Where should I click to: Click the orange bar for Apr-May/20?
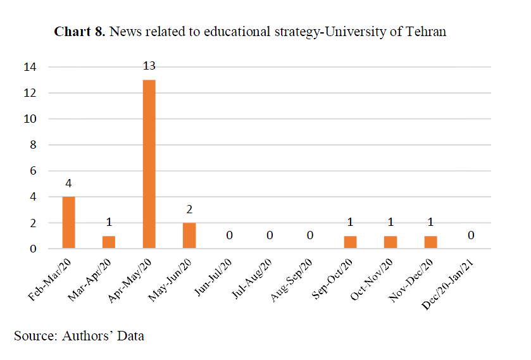(x=149, y=164)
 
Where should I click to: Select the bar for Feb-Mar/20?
(x=69, y=223)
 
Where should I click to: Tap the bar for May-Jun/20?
(x=189, y=236)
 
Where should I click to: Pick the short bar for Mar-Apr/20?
(x=109, y=242)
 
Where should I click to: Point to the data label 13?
(x=149, y=66)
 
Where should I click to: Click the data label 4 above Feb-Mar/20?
(x=69, y=183)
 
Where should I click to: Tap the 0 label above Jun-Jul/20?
(x=229, y=235)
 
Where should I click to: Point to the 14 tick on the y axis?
(x=30, y=67)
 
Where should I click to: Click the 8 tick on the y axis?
(x=34, y=145)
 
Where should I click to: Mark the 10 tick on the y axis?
(x=30, y=119)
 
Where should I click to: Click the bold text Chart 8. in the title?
(x=80, y=32)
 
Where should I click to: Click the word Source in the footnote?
(x=34, y=336)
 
